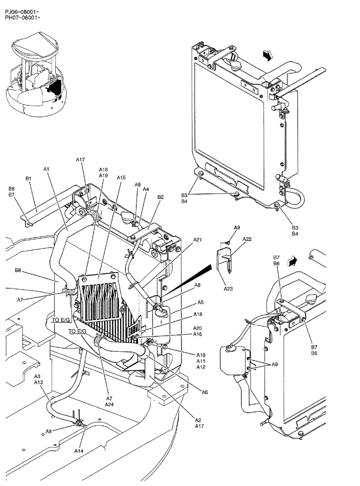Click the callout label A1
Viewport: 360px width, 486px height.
(x=46, y=169)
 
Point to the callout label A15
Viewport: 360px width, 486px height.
(x=121, y=178)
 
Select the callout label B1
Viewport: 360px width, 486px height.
(x=28, y=179)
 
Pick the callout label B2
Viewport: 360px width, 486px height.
(x=161, y=197)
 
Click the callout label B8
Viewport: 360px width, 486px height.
(x=18, y=270)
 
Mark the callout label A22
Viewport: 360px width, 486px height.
(x=247, y=239)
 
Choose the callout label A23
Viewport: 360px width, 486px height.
(x=228, y=289)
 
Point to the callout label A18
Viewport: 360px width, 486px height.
(x=198, y=315)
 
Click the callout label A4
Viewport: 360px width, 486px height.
(x=146, y=190)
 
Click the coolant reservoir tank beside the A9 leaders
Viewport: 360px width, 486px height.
(x=232, y=359)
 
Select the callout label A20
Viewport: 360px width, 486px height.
(x=198, y=328)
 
